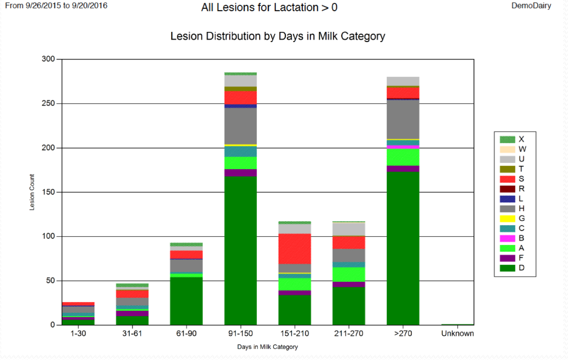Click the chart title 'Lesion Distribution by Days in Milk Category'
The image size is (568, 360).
point(278,36)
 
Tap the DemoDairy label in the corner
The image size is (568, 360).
point(531,6)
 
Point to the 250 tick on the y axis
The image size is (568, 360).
point(48,103)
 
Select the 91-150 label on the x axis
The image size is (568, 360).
point(240,333)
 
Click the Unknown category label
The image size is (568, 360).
point(457,333)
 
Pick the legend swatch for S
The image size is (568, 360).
point(507,179)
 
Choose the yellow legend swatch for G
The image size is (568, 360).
point(507,219)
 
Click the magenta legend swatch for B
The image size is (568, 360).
point(507,238)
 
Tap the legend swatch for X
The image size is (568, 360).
point(507,139)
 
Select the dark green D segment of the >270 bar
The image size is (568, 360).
point(403,247)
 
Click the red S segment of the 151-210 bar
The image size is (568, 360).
point(295,249)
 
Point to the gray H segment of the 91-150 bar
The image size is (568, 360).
point(240,126)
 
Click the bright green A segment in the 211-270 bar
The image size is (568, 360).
point(349,274)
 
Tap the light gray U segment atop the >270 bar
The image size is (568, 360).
point(403,81)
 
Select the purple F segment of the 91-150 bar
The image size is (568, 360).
point(240,173)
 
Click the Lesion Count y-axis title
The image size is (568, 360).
point(32,192)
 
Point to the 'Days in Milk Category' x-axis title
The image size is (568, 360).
point(267,347)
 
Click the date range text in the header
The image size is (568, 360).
point(56,6)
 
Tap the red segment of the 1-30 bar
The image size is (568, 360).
point(78,304)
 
